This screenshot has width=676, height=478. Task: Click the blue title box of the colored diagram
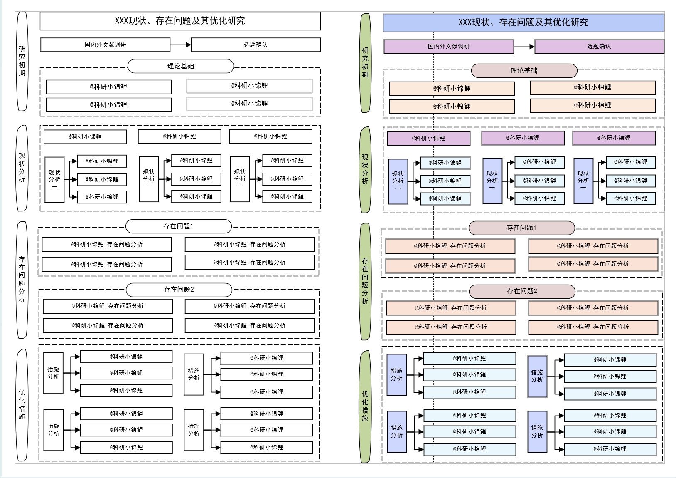click(523, 22)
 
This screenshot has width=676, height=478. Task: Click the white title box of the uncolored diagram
click(180, 21)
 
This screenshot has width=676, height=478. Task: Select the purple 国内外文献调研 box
click(448, 47)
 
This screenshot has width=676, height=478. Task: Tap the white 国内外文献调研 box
click(105, 45)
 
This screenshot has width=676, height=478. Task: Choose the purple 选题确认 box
click(599, 47)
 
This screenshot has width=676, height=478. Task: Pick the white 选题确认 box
click(256, 45)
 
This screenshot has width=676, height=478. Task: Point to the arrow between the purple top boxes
click(524, 47)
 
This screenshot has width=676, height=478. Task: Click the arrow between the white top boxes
click(180, 45)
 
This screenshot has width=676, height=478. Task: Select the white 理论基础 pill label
click(180, 66)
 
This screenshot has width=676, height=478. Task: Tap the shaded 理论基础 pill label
click(524, 71)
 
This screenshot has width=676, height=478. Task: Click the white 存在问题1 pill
click(178, 226)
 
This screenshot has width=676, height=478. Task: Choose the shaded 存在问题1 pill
click(521, 228)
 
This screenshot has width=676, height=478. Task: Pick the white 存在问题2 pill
click(179, 290)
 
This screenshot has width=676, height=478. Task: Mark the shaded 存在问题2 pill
click(522, 291)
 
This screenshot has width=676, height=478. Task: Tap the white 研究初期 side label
click(22, 61)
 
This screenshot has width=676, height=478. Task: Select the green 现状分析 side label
click(365, 169)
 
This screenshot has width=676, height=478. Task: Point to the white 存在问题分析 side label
click(22, 279)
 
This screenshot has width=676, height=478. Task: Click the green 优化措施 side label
click(365, 406)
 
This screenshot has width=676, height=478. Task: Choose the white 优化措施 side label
click(22, 404)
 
